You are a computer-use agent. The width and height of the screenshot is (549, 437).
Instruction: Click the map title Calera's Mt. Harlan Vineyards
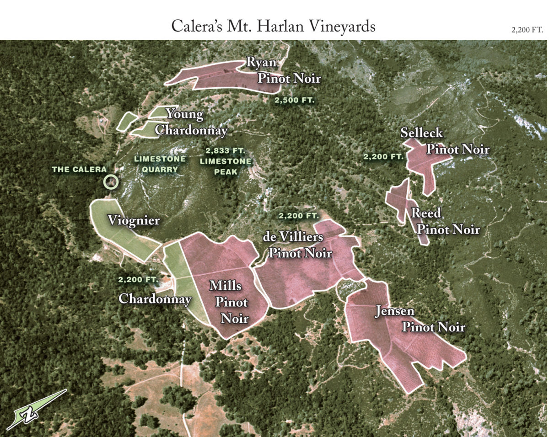click(273, 26)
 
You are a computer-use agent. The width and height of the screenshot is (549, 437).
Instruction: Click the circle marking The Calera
click(111, 182)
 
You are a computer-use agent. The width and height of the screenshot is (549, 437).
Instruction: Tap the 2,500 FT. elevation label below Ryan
click(294, 100)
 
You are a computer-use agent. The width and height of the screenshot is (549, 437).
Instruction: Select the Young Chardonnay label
click(188, 122)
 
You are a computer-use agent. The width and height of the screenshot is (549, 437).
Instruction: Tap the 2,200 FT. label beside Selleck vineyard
click(383, 156)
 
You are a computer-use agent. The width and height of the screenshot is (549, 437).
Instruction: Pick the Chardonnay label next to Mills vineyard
click(155, 299)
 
